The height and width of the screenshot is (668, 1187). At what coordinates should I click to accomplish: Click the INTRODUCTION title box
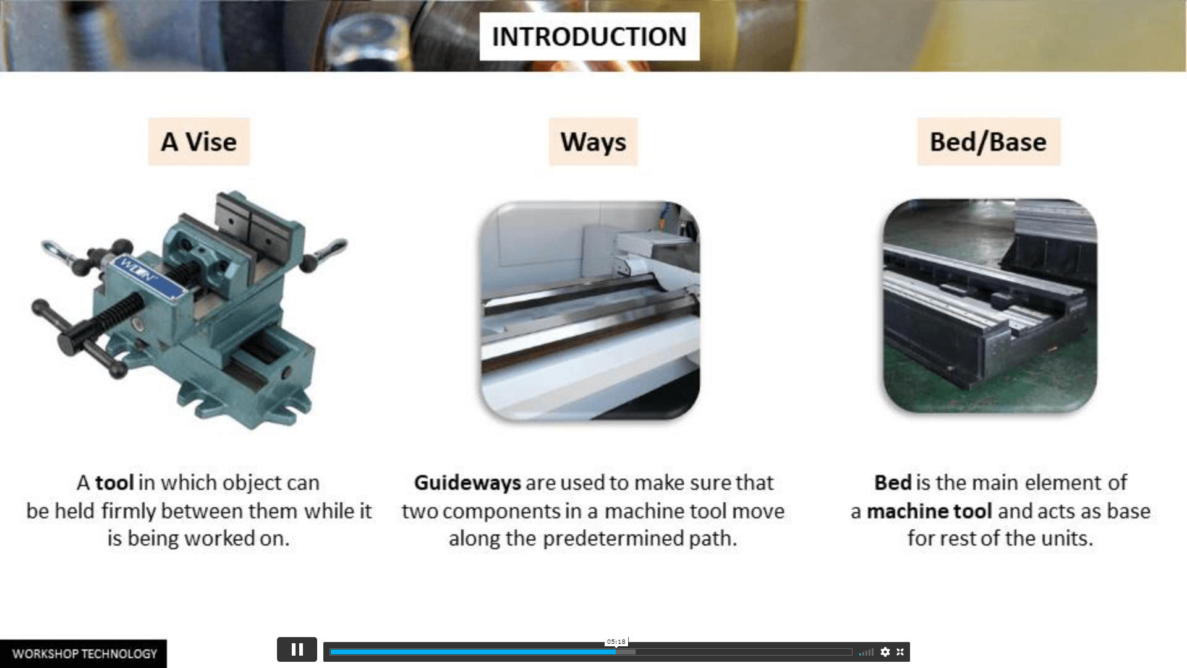[x=589, y=36]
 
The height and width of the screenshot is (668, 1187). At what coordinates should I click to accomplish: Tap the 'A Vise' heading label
[x=198, y=142]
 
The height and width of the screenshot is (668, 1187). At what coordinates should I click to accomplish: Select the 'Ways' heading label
[x=593, y=142]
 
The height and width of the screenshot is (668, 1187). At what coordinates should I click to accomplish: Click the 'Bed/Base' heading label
[x=988, y=142]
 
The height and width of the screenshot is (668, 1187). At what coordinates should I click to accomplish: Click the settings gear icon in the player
[x=885, y=652]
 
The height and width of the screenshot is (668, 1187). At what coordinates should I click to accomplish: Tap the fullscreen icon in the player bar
[x=900, y=652]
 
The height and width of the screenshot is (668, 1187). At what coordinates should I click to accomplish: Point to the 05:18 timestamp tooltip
[x=616, y=642]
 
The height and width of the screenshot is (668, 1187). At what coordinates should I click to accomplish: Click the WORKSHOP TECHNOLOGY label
[x=83, y=654]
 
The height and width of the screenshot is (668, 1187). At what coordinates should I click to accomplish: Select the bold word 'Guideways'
[x=467, y=483]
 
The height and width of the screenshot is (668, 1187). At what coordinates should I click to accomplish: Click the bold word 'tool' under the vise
[x=114, y=483]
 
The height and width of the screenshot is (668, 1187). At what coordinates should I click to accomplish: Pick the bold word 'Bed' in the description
[x=893, y=483]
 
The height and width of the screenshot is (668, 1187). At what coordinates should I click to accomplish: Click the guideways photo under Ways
[x=590, y=310]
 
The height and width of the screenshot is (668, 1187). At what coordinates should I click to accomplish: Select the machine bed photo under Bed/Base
[x=990, y=306]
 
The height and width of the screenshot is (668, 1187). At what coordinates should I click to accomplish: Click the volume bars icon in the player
[x=866, y=652]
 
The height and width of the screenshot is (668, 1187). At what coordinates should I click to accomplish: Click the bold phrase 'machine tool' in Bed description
[x=929, y=512]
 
